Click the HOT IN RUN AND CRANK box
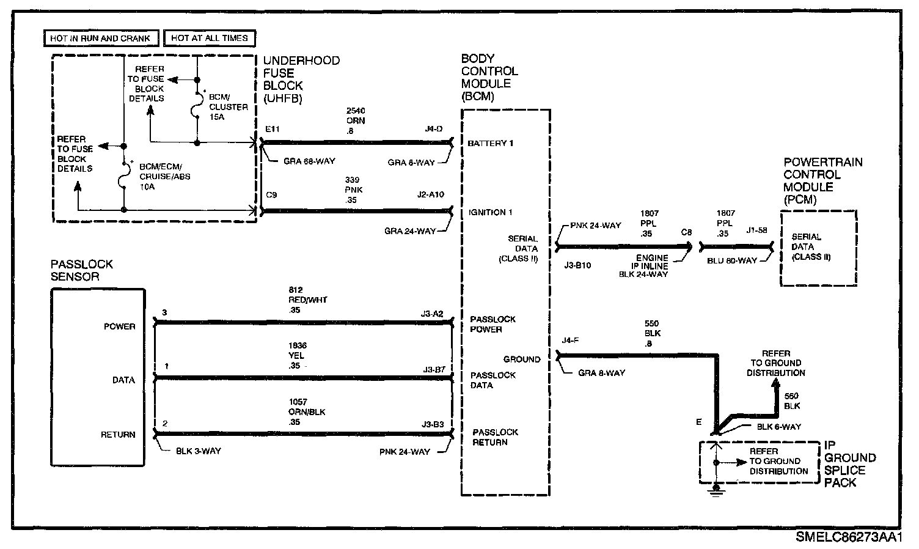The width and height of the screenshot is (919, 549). point(101,38)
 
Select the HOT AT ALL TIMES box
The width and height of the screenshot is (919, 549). point(209,38)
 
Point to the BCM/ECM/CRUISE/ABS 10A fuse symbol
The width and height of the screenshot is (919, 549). point(124,177)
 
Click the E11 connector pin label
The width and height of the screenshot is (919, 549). point(272,130)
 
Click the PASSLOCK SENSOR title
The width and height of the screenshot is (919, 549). point(82,270)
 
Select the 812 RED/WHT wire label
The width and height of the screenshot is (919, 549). point(307,300)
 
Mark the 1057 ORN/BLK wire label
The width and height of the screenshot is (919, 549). point(307,412)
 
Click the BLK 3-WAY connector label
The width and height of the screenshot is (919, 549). point(198,451)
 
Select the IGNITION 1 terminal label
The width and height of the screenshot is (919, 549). point(490,212)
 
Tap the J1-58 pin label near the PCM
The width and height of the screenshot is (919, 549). point(756,231)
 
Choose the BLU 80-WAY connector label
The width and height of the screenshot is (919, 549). point(731,260)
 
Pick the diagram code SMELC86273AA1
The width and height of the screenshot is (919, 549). point(849,537)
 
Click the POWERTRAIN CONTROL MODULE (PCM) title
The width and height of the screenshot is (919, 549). point(823,181)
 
